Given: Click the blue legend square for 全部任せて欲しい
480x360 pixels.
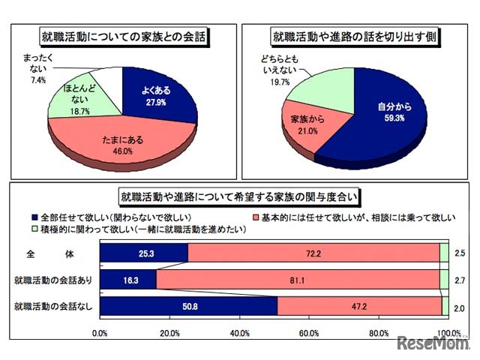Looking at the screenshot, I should point(111,216).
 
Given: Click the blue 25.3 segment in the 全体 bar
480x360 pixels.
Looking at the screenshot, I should point(143,255).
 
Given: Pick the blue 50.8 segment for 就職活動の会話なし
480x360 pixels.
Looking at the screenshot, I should point(188,306).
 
